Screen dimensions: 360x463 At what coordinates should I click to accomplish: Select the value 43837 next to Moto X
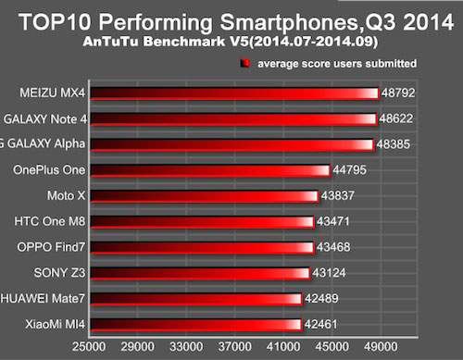point(340,196)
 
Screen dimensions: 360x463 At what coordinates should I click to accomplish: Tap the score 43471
point(335,222)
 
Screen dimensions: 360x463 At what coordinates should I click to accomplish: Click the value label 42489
point(324,299)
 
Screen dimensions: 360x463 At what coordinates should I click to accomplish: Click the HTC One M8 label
point(52,222)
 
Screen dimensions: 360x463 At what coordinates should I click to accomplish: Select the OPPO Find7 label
point(52,248)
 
